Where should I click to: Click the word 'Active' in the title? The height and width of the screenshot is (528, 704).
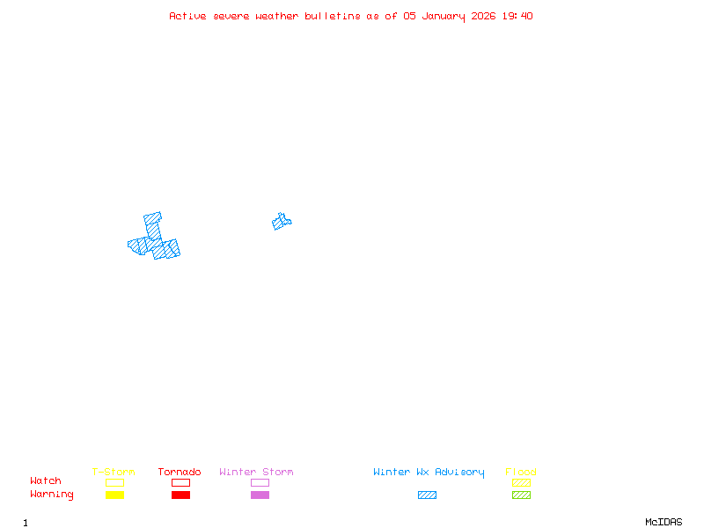pyautogui.click(x=188, y=16)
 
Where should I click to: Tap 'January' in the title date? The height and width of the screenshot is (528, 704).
pyautogui.click(x=444, y=16)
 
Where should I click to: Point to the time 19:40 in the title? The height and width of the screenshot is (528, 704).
pyautogui.click(x=517, y=16)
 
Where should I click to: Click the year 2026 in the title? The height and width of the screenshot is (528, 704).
pyautogui.click(x=483, y=16)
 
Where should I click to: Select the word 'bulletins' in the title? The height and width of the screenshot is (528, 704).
pyautogui.click(x=332, y=16)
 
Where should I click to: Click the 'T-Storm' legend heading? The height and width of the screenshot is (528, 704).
pyautogui.click(x=114, y=473)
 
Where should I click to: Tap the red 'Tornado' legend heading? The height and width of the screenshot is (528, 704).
pyautogui.click(x=180, y=473)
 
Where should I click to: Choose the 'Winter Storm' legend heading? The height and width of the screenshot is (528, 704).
pyautogui.click(x=256, y=473)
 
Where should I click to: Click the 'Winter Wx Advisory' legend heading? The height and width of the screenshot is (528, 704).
pyautogui.click(x=429, y=473)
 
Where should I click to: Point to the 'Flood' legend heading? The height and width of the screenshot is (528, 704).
pyautogui.click(x=521, y=473)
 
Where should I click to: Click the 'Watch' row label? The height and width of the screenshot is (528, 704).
pyautogui.click(x=46, y=481)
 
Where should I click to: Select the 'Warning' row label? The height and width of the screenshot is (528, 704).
pyautogui.click(x=52, y=495)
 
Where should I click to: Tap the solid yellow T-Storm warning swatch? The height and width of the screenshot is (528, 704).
pyautogui.click(x=114, y=495)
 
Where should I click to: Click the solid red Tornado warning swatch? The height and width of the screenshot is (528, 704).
pyautogui.click(x=180, y=495)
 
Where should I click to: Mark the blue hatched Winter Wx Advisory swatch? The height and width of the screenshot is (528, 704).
pyautogui.click(x=427, y=495)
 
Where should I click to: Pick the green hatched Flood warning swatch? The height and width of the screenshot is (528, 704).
pyautogui.click(x=521, y=495)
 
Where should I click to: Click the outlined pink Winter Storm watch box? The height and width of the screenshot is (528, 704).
pyautogui.click(x=260, y=483)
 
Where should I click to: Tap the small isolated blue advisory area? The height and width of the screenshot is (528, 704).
pyautogui.click(x=282, y=222)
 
